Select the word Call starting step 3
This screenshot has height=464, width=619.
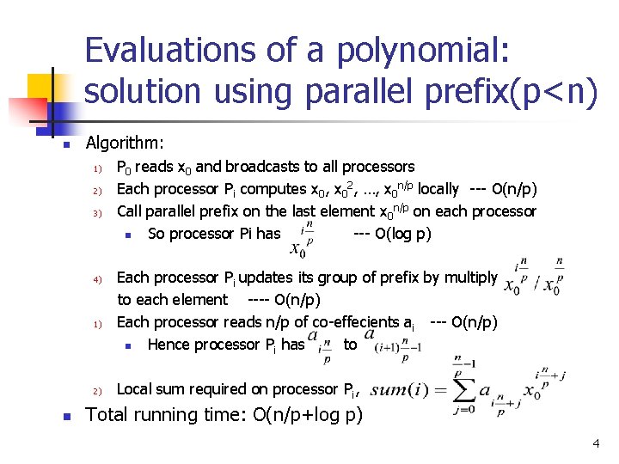point(132,211)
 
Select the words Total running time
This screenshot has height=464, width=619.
point(167,415)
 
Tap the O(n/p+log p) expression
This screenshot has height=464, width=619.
point(308,415)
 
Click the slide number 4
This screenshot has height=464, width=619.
point(594,444)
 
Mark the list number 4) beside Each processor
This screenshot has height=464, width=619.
point(98,278)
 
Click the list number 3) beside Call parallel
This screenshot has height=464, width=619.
point(98,212)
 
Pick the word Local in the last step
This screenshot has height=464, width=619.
point(134,389)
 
